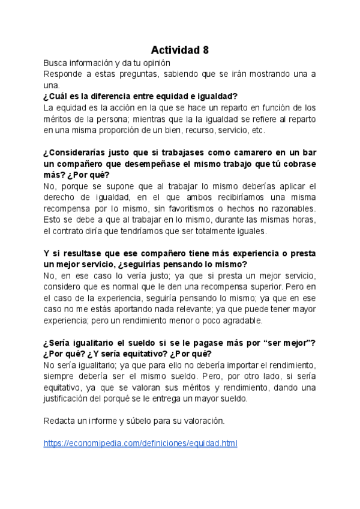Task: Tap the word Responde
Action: click(x=64, y=74)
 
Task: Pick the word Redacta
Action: click(x=59, y=421)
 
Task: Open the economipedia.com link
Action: click(x=140, y=444)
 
